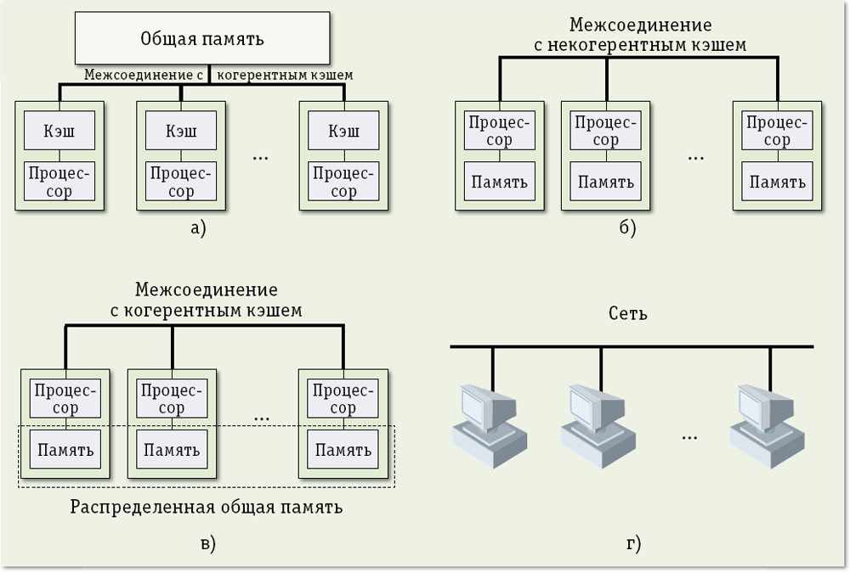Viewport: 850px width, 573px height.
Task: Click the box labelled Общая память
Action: (x=201, y=39)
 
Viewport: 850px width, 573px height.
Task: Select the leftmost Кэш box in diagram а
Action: (x=59, y=132)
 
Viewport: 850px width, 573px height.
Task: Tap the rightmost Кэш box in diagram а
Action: (x=343, y=132)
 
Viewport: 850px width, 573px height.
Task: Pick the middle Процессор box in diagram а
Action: (x=180, y=181)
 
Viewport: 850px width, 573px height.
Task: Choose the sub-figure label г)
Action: (x=632, y=542)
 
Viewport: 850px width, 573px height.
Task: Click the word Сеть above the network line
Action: (x=629, y=314)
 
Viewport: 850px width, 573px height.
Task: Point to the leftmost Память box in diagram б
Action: (x=500, y=182)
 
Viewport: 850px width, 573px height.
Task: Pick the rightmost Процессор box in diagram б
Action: (x=776, y=131)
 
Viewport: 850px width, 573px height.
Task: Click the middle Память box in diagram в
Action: (x=172, y=449)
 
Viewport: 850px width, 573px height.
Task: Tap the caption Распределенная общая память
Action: (x=207, y=508)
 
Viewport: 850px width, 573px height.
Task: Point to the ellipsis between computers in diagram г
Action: (x=689, y=435)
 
